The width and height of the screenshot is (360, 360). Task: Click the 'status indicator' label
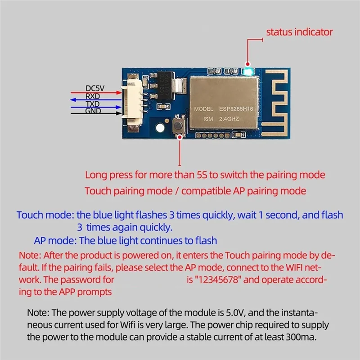(x=299, y=32)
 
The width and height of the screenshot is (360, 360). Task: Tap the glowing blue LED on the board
(x=247, y=72)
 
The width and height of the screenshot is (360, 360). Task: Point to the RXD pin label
(x=93, y=96)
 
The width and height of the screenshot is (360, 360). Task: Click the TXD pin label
(x=93, y=104)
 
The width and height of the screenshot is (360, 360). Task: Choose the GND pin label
(x=93, y=111)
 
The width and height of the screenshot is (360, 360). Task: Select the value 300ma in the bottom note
(x=301, y=336)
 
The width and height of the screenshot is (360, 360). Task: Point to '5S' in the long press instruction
(x=202, y=175)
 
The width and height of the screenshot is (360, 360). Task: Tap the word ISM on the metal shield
(x=200, y=119)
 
